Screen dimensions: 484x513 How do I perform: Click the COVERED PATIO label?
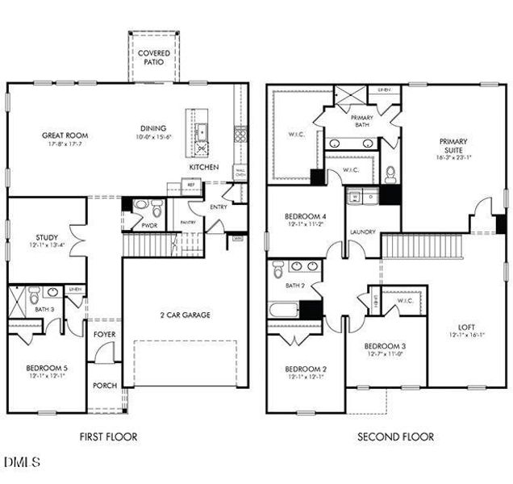(153, 57)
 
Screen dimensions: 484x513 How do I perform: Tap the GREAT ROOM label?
(65, 136)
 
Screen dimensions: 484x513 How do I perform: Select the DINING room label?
(152, 127)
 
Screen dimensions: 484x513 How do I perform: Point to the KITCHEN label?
(202, 167)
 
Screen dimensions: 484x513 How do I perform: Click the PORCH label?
(105, 385)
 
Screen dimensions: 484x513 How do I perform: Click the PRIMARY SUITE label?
(453, 146)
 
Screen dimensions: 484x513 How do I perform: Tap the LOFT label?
(466, 327)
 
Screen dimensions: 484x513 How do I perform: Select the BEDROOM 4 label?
(305, 217)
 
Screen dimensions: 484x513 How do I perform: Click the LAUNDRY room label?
(362, 232)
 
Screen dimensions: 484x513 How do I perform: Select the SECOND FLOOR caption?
(395, 436)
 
